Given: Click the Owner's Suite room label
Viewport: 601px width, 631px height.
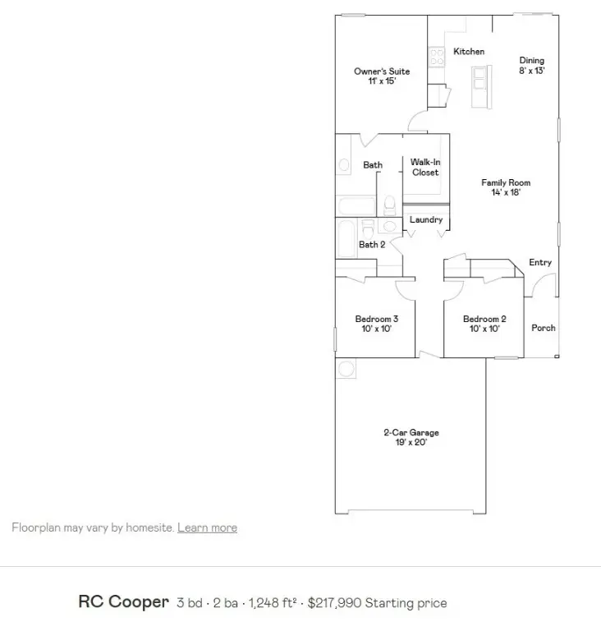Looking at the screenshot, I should tap(382, 71).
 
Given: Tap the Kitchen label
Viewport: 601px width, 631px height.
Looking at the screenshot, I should tap(469, 52).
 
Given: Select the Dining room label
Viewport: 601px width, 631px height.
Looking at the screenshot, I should tap(531, 61).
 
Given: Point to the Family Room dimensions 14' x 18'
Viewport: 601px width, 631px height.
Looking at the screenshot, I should tap(506, 193).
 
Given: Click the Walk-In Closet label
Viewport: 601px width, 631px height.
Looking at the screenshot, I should tap(425, 168).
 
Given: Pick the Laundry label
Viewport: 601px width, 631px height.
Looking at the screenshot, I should tap(426, 220).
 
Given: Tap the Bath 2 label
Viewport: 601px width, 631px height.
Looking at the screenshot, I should tap(372, 244).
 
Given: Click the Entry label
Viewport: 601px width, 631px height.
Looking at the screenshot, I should tap(540, 263).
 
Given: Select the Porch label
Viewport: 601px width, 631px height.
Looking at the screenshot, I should tap(544, 328).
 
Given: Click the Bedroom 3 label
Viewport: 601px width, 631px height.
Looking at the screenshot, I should tap(377, 319).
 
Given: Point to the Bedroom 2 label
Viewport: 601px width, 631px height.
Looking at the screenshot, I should tap(484, 319).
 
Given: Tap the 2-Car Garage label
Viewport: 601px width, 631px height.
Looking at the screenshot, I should tap(411, 432).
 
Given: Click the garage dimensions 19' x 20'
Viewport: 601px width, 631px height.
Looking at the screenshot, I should tap(411, 442).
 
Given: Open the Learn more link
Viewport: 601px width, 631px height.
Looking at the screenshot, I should tap(207, 527).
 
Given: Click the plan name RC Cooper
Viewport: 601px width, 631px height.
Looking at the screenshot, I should tap(123, 602).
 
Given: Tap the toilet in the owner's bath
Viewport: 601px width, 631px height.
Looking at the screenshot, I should tap(391, 205).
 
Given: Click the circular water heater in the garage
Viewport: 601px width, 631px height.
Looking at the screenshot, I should tap(346, 369).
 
